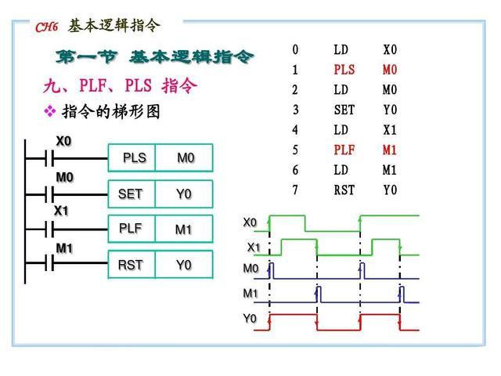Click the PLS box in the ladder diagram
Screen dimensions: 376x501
click(134, 157)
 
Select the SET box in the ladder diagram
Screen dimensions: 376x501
click(131, 193)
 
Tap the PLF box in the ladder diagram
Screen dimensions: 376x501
click(131, 229)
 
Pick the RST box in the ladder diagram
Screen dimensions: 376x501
click(131, 265)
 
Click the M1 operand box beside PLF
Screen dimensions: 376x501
click(183, 230)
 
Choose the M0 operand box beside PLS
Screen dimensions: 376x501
click(186, 157)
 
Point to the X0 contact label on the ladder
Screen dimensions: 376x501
click(63, 141)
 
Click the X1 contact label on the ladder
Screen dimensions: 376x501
click(61, 211)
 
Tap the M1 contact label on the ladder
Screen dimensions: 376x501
click(64, 248)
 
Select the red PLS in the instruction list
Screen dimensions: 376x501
click(344, 70)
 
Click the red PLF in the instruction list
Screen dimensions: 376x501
click(344, 150)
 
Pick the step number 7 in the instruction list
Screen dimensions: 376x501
click(295, 190)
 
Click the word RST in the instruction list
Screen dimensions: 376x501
click(344, 190)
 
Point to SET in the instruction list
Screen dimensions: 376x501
click(344, 110)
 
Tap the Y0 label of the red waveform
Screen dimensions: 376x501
click(250, 319)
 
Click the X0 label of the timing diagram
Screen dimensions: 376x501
click(250, 222)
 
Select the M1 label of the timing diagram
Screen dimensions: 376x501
click(250, 294)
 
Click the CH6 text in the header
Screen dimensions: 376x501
click(48, 27)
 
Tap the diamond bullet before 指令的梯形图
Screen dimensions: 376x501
click(50, 112)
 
